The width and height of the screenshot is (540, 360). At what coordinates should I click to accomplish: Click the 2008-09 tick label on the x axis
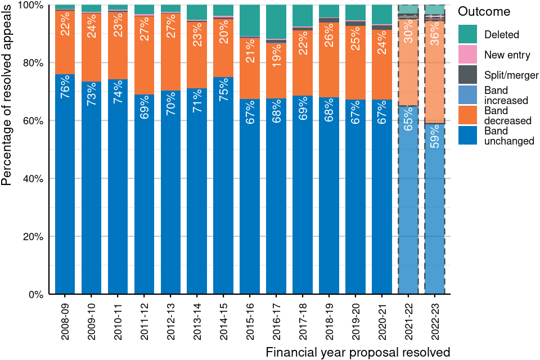click(65, 318)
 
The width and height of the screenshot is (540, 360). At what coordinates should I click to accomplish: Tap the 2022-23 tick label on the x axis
click(434, 318)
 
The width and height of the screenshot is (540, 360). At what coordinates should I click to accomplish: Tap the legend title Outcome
click(484, 12)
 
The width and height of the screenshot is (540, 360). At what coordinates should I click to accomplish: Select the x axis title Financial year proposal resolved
click(358, 353)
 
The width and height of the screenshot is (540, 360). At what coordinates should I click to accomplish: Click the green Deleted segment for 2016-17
click(276, 22)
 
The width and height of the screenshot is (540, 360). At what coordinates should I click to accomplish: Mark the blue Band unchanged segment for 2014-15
click(223, 186)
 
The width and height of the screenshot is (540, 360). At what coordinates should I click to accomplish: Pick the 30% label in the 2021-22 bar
click(408, 36)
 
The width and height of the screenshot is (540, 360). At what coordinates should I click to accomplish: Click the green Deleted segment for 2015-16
click(250, 20)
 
